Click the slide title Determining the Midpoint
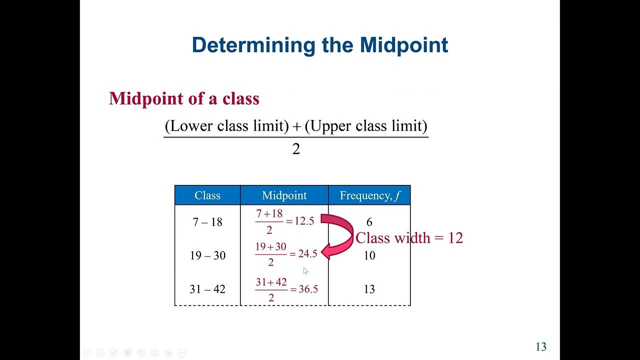click(x=319, y=45)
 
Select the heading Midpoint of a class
click(x=184, y=98)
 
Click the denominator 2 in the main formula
click(x=296, y=149)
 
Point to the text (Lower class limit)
click(x=227, y=126)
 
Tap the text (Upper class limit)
click(x=366, y=126)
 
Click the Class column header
click(x=207, y=195)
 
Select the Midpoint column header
click(x=284, y=195)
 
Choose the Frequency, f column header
click(x=369, y=195)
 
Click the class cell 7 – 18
click(x=207, y=222)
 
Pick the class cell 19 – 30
click(x=207, y=255)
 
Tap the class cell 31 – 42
click(x=207, y=289)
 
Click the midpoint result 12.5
click(x=304, y=221)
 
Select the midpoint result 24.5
click(x=307, y=254)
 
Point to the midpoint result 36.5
click(x=308, y=289)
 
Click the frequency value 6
click(x=369, y=222)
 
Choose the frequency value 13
click(x=369, y=289)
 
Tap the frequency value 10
click(x=369, y=255)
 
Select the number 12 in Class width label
click(x=455, y=238)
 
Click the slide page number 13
click(x=541, y=347)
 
